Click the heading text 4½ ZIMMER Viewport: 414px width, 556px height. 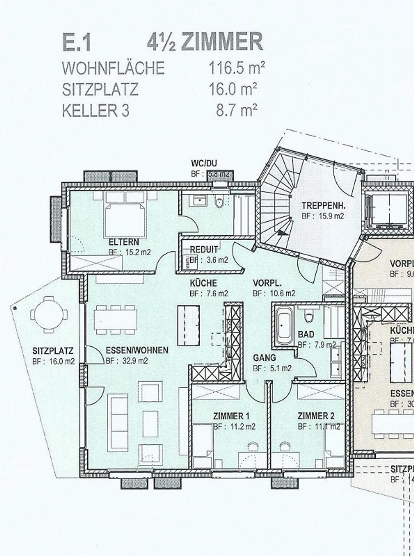205,42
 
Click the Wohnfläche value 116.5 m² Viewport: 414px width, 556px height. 236,68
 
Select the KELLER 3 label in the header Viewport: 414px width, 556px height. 96,111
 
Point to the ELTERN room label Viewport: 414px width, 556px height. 124,242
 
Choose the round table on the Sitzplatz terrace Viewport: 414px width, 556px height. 48,314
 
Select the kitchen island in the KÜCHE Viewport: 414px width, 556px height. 188,326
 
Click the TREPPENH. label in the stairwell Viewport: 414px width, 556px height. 323,206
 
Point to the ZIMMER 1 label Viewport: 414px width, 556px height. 231,416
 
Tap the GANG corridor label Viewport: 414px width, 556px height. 264,358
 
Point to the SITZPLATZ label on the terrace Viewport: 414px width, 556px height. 53,351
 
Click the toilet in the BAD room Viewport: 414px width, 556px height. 309,317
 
